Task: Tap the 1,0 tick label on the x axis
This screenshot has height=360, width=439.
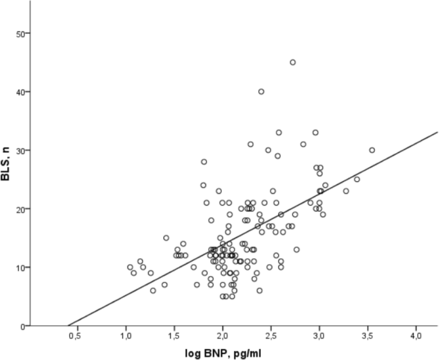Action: coord(126,336)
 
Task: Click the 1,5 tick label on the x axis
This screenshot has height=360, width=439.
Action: coord(174,336)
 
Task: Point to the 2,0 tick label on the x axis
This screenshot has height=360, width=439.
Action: coord(222,336)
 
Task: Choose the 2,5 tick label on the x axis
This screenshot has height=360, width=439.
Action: coord(271,336)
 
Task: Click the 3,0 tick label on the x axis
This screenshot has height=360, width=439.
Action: coord(319,336)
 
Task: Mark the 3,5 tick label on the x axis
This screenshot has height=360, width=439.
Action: coord(368,336)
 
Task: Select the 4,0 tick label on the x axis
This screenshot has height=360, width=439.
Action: coord(416,336)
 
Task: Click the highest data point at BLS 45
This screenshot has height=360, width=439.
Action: coord(293,62)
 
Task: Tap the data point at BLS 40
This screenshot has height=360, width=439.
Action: coord(261,92)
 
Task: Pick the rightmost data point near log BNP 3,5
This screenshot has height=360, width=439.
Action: coord(372,151)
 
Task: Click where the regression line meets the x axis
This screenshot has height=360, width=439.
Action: coord(69,325)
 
